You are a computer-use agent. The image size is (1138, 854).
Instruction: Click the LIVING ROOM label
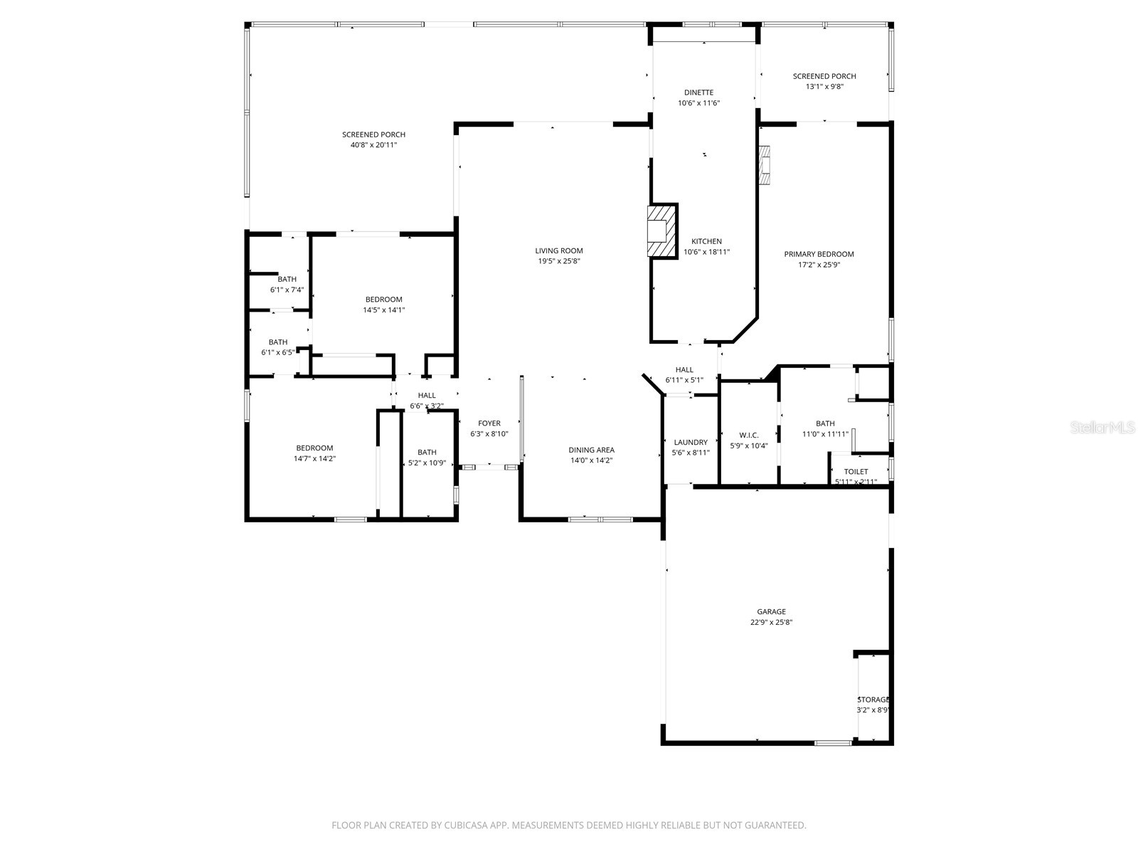tap(559, 251)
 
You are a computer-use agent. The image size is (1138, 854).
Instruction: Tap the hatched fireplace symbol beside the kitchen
tap(661, 231)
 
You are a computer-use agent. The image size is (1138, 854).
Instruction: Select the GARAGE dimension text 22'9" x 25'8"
tap(771, 622)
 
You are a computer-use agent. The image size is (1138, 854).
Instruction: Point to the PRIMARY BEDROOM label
tap(819, 254)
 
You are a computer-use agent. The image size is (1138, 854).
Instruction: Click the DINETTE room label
tap(698, 93)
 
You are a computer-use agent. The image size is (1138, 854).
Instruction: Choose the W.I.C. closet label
tap(749, 435)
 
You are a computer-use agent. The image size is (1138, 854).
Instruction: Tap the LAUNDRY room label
tap(690, 442)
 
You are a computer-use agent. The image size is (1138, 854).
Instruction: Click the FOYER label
tap(489, 423)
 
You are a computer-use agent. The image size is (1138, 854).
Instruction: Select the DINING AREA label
tap(591, 450)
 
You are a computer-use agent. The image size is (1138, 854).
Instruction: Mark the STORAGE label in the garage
tap(873, 700)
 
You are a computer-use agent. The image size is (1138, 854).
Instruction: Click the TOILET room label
tap(856, 472)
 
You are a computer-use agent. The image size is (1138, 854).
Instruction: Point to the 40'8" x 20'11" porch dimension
tap(373, 145)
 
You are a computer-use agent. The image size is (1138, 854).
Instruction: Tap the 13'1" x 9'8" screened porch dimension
tap(824, 87)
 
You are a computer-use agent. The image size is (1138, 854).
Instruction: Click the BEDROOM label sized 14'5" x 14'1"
tap(383, 300)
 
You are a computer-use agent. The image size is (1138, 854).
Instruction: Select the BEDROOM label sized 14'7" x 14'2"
tap(314, 448)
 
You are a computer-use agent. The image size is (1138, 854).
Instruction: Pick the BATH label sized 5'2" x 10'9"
tap(427, 452)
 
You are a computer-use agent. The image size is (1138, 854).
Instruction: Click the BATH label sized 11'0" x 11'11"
tap(825, 423)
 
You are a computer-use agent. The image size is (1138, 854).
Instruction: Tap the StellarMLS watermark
tap(1102, 428)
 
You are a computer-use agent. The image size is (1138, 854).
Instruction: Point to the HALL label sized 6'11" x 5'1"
tap(684, 369)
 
